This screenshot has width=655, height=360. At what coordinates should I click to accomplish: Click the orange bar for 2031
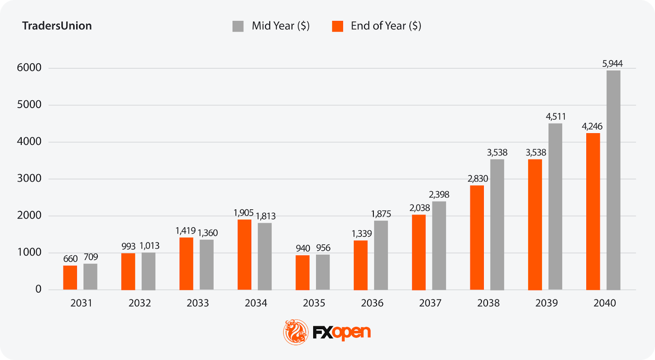pyautogui.click(x=70, y=278)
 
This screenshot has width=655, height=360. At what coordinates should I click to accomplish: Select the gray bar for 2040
pyautogui.click(x=613, y=180)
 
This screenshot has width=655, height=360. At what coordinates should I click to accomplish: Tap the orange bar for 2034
pyautogui.click(x=244, y=255)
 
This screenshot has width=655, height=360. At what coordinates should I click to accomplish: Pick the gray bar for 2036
pyautogui.click(x=381, y=255)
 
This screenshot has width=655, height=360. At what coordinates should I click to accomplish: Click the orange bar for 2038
pyautogui.click(x=477, y=238)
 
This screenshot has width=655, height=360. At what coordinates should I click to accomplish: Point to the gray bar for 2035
pyautogui.click(x=323, y=272)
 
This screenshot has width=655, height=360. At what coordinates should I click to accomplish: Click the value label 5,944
pyautogui.click(x=612, y=63)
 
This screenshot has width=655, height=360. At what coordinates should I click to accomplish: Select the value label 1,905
pyautogui.click(x=244, y=213)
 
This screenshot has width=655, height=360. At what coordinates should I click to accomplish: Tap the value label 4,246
pyautogui.click(x=592, y=127)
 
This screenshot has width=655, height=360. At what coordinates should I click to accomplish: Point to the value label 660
pyautogui.click(x=70, y=259)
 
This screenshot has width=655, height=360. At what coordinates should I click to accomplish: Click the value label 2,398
pyautogui.click(x=439, y=195)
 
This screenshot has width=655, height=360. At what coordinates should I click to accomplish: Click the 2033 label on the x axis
pyautogui.click(x=198, y=303)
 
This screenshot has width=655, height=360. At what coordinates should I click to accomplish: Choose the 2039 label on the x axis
pyautogui.click(x=547, y=303)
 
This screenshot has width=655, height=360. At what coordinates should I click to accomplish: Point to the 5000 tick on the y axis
pyautogui.click(x=29, y=105)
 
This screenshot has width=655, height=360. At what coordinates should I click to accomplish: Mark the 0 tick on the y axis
pyautogui.click(x=38, y=289)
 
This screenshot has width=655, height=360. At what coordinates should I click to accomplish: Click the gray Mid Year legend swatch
pyautogui.click(x=238, y=26)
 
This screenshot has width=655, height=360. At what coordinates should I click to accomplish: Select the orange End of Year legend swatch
pyautogui.click(x=338, y=26)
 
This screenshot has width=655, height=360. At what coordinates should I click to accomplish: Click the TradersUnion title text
pyautogui.click(x=57, y=26)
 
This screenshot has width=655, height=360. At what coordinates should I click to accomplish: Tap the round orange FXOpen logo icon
pyautogui.click(x=296, y=332)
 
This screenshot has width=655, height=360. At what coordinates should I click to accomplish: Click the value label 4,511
pyautogui.click(x=556, y=117)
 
